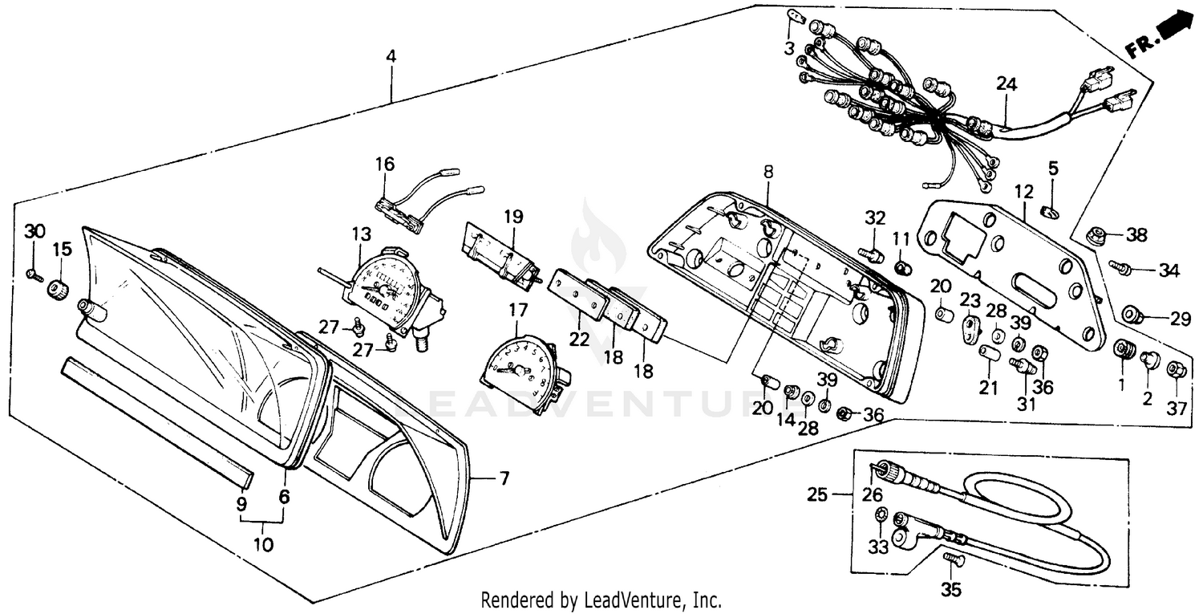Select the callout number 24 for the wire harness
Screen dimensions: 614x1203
[1006, 83]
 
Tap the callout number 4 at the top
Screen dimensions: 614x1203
[391, 56]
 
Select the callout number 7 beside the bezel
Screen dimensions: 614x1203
[504, 479]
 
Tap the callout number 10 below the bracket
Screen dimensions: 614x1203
[263, 544]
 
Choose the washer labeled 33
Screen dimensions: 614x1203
[880, 515]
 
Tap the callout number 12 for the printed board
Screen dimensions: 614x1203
[1023, 192]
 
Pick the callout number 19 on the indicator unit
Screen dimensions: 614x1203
[513, 216]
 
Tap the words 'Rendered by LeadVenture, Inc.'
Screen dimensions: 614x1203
[601, 600]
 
